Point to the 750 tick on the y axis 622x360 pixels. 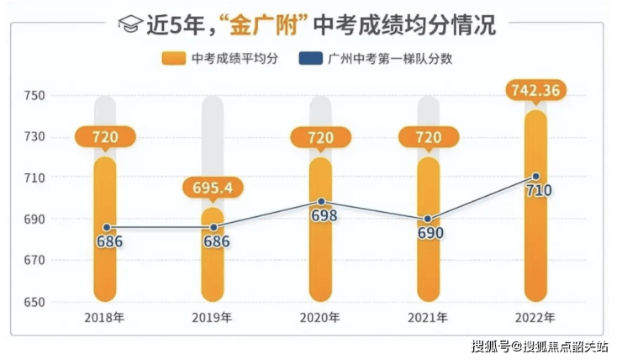(x=33, y=96)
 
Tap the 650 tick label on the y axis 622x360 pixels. (x=33, y=302)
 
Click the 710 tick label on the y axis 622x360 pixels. (x=33, y=178)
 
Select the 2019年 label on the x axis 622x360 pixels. (x=213, y=318)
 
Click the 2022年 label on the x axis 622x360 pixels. (x=535, y=318)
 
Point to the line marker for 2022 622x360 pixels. (x=535, y=177)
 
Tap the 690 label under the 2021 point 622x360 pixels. (x=430, y=232)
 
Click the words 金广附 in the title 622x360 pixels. (x=263, y=24)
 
